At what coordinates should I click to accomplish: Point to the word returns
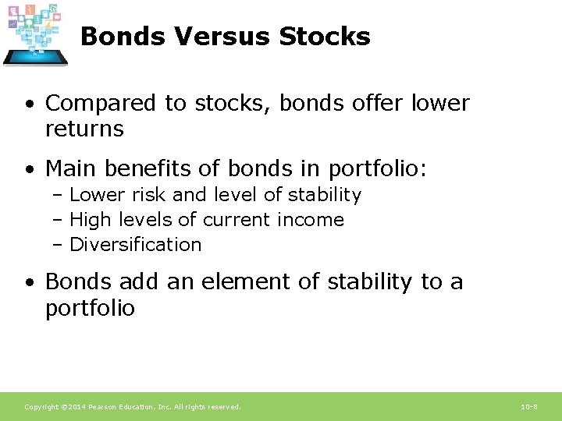(84, 129)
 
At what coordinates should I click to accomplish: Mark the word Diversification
(136, 245)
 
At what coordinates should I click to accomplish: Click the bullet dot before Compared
(28, 104)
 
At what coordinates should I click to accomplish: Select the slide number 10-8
(528, 407)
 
